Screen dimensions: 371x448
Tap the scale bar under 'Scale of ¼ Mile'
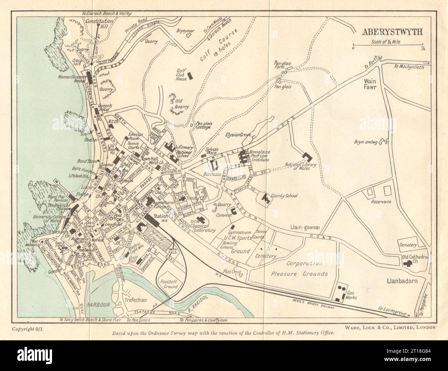(388, 45)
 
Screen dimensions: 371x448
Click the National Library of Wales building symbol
(307, 157)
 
